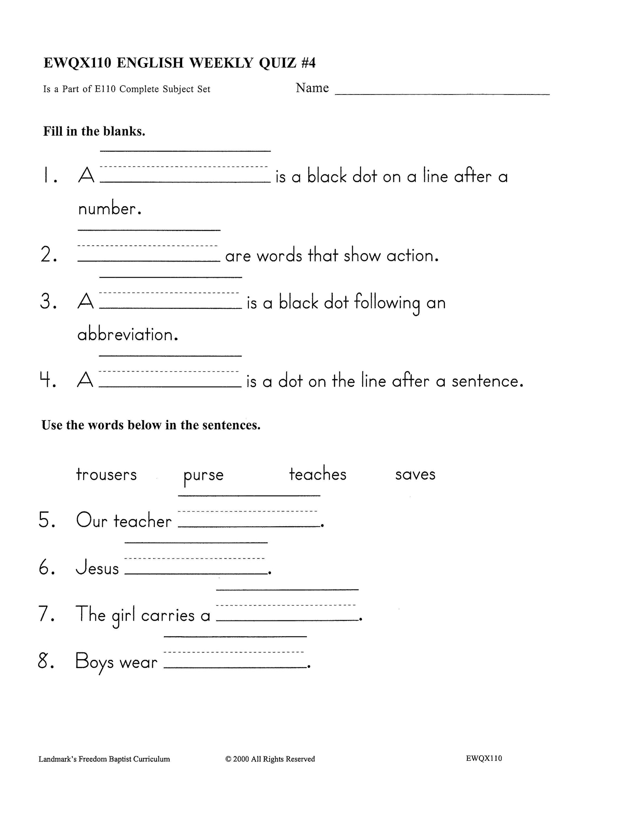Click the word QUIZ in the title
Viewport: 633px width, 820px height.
pyautogui.click(x=277, y=63)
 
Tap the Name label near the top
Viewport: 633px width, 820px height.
pyautogui.click(x=312, y=88)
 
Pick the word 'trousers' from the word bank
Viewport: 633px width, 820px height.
pyautogui.click(x=106, y=474)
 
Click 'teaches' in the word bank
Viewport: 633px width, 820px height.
pyautogui.click(x=317, y=474)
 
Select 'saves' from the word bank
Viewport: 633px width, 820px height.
pyautogui.click(x=415, y=474)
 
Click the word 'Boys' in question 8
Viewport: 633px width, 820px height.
pyautogui.click(x=94, y=661)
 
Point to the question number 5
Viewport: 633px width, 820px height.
pyautogui.click(x=47, y=520)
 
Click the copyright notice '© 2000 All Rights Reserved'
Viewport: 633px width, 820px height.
pyautogui.click(x=270, y=759)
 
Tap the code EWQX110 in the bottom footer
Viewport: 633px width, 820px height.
pyautogui.click(x=484, y=758)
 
